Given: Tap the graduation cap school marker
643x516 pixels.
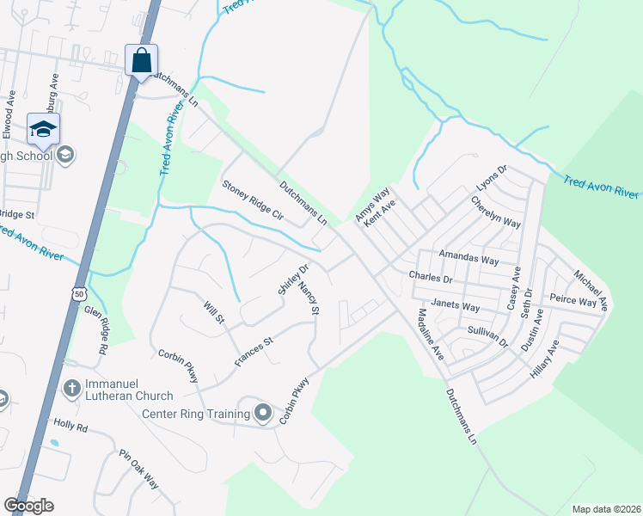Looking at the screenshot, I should click(43, 130).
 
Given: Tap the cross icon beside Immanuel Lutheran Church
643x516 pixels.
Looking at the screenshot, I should click(72, 389).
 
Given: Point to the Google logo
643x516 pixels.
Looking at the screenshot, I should click(28, 506).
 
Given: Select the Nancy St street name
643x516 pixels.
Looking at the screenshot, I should click(309, 298).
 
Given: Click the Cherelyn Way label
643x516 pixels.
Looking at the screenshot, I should click(495, 211).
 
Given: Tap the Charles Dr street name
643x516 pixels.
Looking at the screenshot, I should click(431, 279).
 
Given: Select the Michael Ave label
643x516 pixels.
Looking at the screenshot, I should click(591, 290).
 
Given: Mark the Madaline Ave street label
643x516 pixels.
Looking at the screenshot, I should click(429, 334).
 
